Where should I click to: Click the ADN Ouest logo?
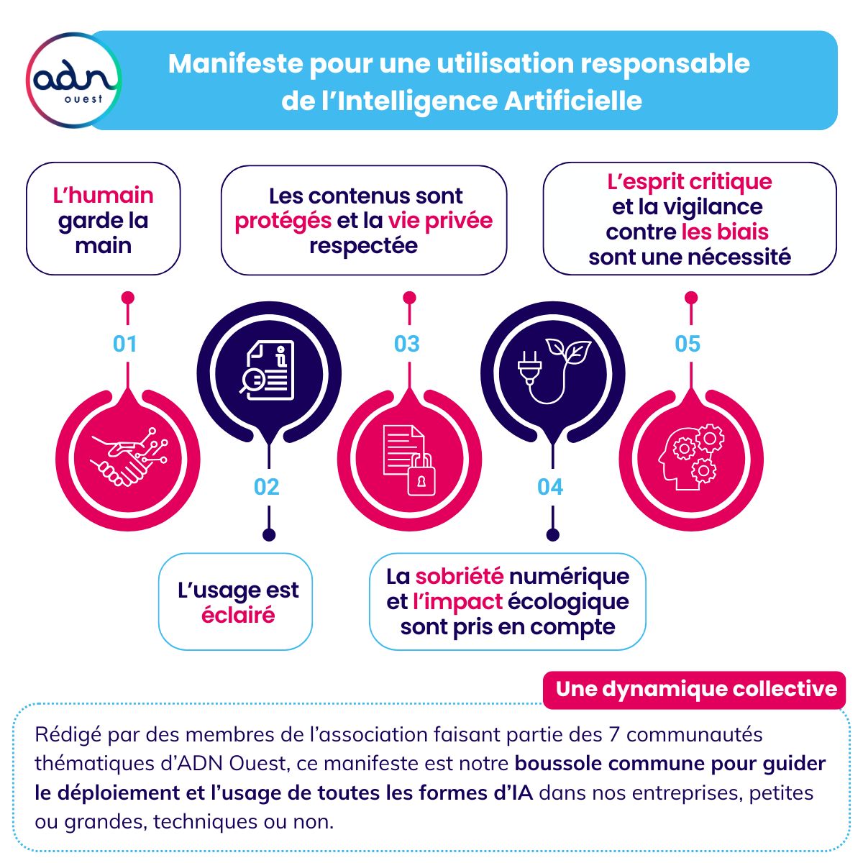pos(73,80)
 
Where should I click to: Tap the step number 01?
pos(125,344)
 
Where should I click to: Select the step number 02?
pos(266,487)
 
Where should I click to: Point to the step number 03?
pos(407,344)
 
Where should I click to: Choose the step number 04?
pos(550,487)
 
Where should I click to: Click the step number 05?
pos(688,344)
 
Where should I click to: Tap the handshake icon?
pos(128,457)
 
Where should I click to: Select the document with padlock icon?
pos(409,459)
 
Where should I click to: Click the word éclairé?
pos(238,616)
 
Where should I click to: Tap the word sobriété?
pos(459,576)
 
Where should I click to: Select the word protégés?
pos(283,221)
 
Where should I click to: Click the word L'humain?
pos(104,196)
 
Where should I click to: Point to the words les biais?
pos(725,232)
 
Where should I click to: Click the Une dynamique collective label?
pos(696,689)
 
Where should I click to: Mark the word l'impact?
pos(457,601)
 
